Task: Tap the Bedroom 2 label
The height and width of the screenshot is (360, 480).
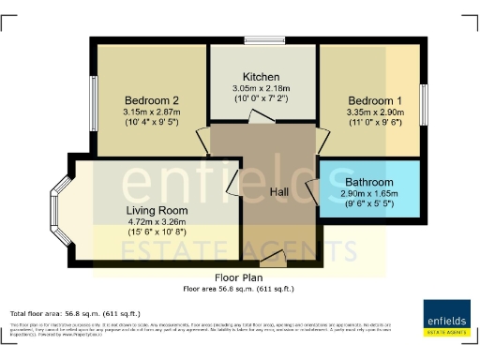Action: [x=150, y=99]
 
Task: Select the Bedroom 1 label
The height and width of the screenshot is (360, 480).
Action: [x=374, y=99]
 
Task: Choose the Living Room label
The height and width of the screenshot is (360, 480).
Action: [x=157, y=210]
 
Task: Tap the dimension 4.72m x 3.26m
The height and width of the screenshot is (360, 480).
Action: [x=157, y=222]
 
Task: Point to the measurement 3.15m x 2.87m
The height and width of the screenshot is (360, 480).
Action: [x=150, y=112]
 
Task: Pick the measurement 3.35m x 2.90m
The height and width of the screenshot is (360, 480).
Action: [x=374, y=112]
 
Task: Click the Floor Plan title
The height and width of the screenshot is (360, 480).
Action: [x=238, y=278]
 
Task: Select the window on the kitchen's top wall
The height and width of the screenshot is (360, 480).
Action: [x=262, y=40]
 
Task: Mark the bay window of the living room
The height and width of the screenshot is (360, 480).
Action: [x=58, y=202]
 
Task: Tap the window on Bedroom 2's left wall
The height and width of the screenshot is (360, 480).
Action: [x=93, y=97]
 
